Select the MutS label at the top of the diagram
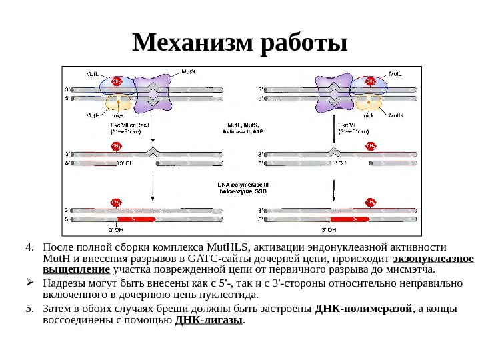(189, 70)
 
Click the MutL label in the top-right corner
(395, 73)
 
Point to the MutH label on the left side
(93, 115)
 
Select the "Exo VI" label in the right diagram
(347, 125)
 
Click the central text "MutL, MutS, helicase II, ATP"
(243, 128)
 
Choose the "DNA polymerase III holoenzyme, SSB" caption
(243, 187)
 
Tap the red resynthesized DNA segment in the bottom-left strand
(136, 218)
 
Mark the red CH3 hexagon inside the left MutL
(117, 81)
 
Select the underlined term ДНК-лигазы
(209, 320)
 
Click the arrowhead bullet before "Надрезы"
(29, 283)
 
